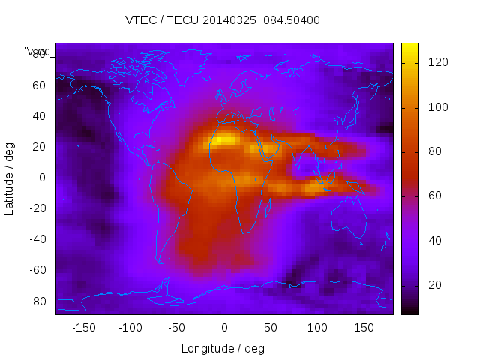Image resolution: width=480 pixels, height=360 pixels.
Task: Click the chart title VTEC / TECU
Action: (x=222, y=20)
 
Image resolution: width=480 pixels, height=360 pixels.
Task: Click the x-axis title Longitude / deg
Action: (x=223, y=349)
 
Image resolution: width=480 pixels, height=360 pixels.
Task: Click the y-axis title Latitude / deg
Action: (x=10, y=178)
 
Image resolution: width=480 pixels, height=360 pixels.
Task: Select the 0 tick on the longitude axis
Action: (x=223, y=328)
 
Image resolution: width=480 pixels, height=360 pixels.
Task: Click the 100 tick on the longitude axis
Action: (x=317, y=328)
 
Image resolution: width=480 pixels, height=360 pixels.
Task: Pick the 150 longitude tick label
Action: (x=364, y=328)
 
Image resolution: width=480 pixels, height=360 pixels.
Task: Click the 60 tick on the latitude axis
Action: (x=38, y=85)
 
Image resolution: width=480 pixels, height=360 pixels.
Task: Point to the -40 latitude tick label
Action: (x=36, y=239)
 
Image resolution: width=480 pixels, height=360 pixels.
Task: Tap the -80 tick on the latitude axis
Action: (x=36, y=301)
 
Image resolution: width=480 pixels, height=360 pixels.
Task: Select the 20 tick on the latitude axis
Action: (x=38, y=146)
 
